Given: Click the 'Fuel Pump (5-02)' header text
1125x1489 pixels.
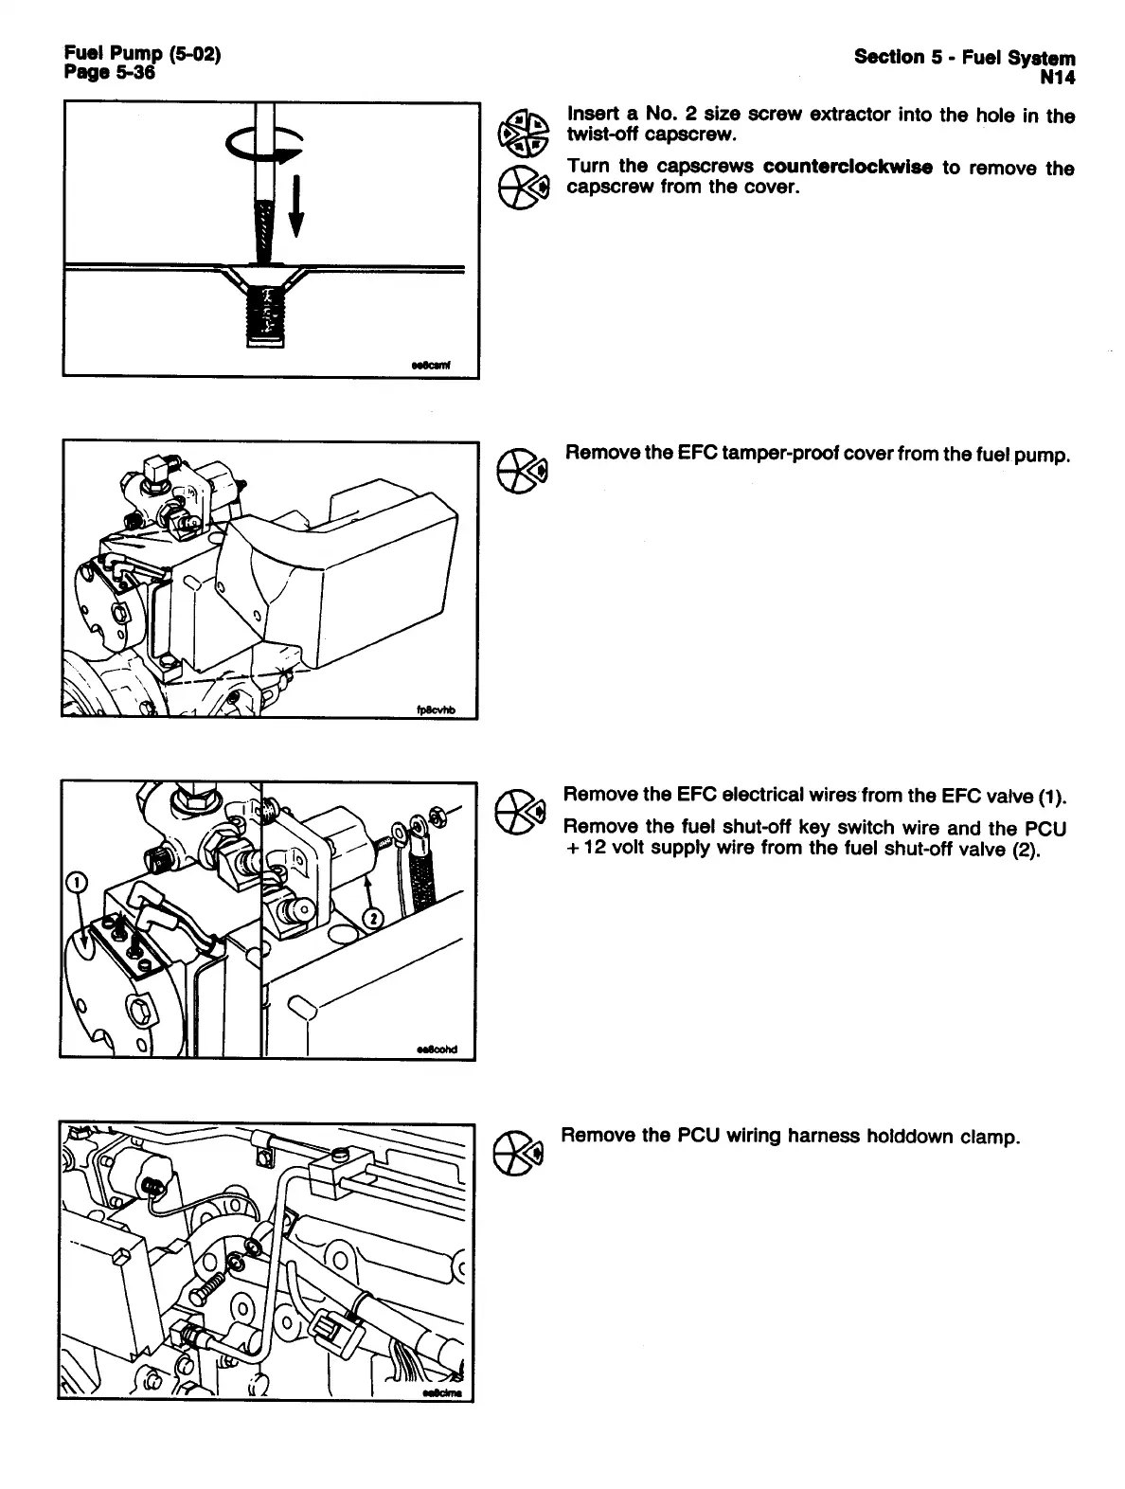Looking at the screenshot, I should (x=142, y=55).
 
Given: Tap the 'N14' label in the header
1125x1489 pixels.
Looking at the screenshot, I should (x=1057, y=76).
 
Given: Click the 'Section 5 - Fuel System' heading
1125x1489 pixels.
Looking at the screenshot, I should (x=965, y=57).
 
